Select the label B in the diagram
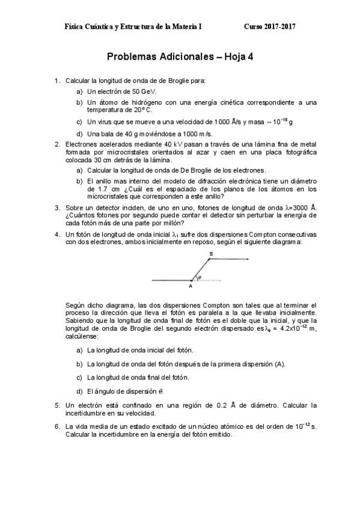pos(210,254)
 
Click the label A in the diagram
pos(190,286)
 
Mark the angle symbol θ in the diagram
pos(200,278)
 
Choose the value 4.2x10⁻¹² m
pos(295,329)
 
